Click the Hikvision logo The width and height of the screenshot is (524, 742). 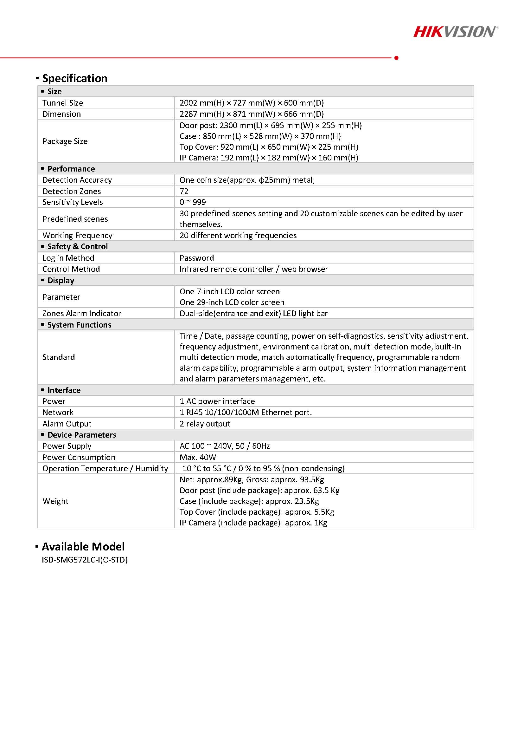pos(456,32)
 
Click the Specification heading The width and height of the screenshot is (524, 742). pos(74,78)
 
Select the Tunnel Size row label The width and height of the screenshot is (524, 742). pos(63,103)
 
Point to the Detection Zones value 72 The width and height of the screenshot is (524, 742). pos(184,191)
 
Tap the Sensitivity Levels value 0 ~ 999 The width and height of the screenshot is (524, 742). pos(192,202)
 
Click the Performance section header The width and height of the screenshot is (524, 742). pos(71,169)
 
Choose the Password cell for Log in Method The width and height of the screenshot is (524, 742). pos(197,257)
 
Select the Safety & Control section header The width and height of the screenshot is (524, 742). pos(78,246)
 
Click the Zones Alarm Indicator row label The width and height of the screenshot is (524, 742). pos(82,313)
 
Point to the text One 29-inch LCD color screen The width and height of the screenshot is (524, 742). pos(232,302)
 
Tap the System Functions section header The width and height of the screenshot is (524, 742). pos(79,324)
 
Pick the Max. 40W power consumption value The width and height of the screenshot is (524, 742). pos(198,457)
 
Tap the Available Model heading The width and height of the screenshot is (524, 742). pos(83,546)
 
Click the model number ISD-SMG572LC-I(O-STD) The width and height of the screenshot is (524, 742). pos(85,560)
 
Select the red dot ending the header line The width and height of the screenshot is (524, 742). pos(396,58)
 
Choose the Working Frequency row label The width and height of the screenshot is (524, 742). pos(77,235)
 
